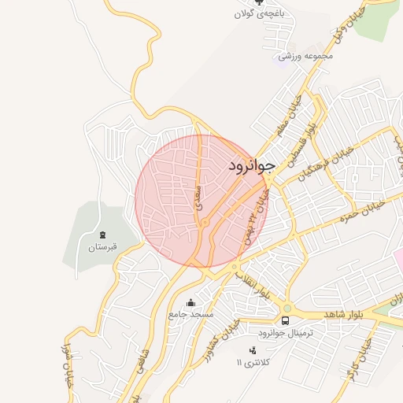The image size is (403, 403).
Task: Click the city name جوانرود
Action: [x=252, y=166]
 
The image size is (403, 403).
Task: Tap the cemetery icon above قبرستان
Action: [x=102, y=234]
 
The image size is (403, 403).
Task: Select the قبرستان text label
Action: [x=102, y=247]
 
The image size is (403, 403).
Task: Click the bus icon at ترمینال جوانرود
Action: [x=285, y=320]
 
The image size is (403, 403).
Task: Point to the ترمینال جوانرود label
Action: [x=287, y=333]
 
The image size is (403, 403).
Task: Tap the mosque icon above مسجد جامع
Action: [x=189, y=302]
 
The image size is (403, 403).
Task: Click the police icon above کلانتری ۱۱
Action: [x=253, y=349]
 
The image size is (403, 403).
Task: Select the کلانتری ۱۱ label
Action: [x=253, y=362]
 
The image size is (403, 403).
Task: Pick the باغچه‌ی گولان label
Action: [x=261, y=14]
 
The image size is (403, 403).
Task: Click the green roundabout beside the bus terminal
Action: [x=287, y=308]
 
